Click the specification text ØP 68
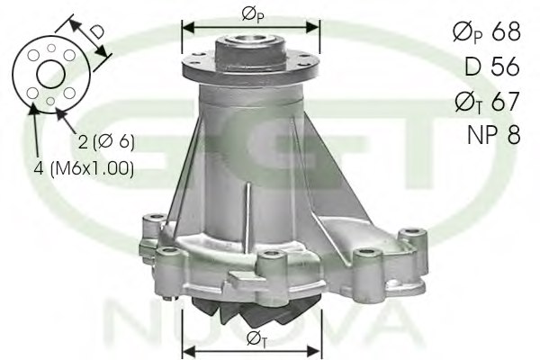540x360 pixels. pyautogui.click(x=485, y=33)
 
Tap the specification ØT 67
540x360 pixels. pyautogui.click(x=485, y=102)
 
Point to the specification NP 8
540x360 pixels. pyautogui.click(x=492, y=135)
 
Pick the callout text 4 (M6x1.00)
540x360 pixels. pyautogui.click(x=86, y=168)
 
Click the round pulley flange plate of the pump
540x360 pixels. pyautogui.click(x=251, y=65)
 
